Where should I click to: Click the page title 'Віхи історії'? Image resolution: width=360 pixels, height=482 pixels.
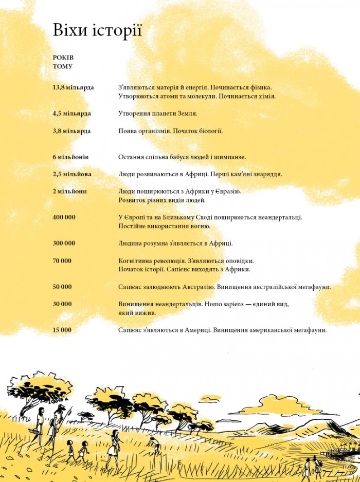pos(97,31)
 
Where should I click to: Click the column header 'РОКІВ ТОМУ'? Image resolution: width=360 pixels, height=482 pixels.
pos(63,62)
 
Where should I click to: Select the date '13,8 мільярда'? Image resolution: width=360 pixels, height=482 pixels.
pos(73,87)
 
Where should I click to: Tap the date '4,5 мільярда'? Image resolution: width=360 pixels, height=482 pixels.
pos(71,113)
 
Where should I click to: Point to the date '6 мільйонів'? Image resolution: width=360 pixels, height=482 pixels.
pos(70,157)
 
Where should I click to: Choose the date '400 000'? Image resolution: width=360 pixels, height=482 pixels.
pos(64,217)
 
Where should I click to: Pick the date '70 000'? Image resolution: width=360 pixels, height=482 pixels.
pos(62,261)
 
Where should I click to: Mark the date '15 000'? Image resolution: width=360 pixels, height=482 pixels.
pos(62,330)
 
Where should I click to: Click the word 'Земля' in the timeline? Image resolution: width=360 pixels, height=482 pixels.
pos(186,113)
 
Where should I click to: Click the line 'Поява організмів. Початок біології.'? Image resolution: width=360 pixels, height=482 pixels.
pos(170,131)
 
